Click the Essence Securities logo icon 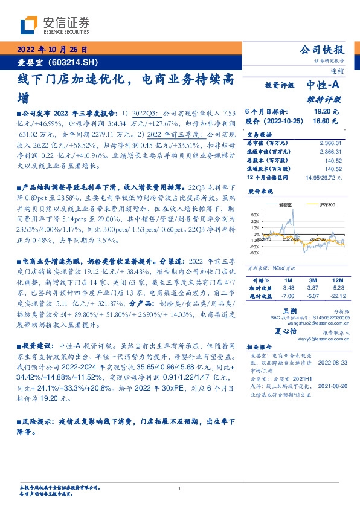pyautogui.click(x=28, y=25)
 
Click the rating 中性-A pyautogui.click(x=324, y=85)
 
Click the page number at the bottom pyautogui.click(x=180, y=489)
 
